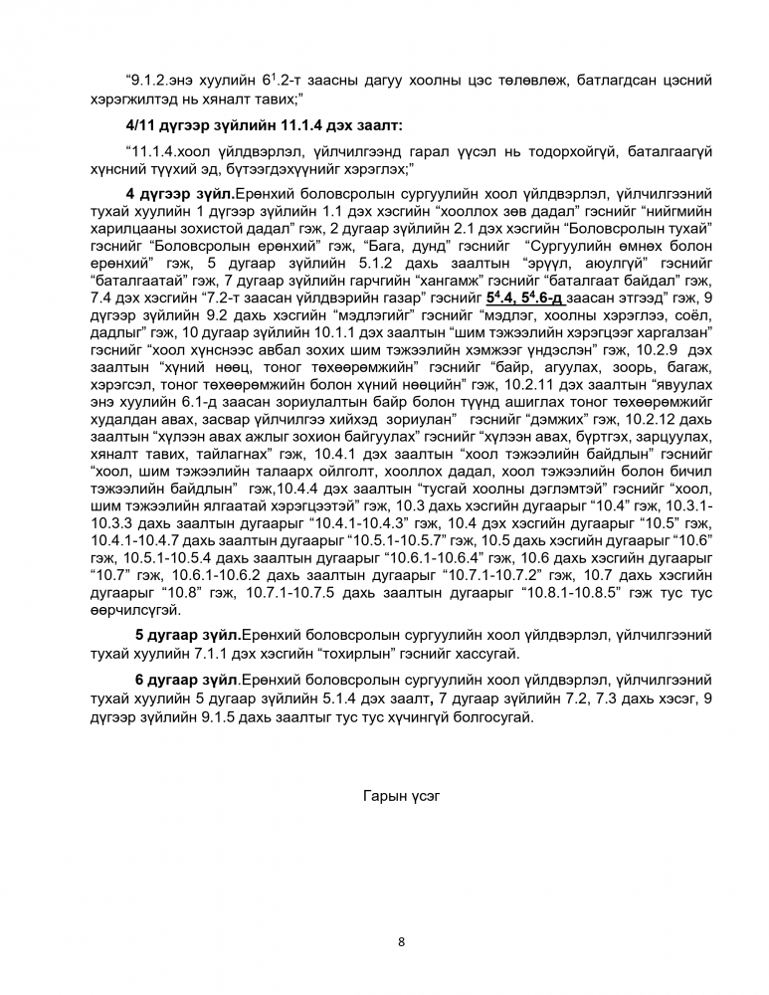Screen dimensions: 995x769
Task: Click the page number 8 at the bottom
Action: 401,941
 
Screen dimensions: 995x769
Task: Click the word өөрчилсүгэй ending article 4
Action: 136,610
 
